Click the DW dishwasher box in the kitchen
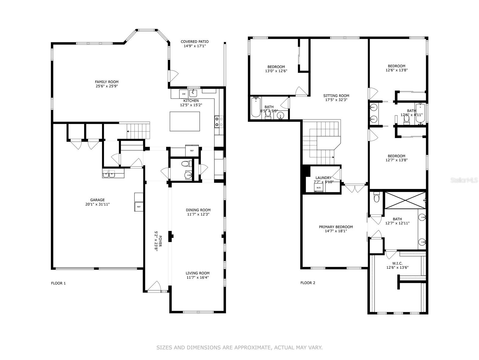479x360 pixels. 184,94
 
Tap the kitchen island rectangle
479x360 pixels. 185,121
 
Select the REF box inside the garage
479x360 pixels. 139,207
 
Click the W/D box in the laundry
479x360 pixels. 319,188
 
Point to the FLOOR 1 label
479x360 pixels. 58,283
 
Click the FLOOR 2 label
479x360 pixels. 308,283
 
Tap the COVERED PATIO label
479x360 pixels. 195,42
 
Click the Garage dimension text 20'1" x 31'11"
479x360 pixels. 98,204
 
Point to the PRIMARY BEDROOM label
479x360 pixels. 336,227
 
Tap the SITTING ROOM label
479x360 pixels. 336,96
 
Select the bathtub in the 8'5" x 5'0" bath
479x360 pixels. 256,107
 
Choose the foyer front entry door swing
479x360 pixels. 154,286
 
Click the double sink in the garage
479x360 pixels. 109,174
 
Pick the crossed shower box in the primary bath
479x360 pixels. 404,200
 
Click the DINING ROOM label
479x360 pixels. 198,210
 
